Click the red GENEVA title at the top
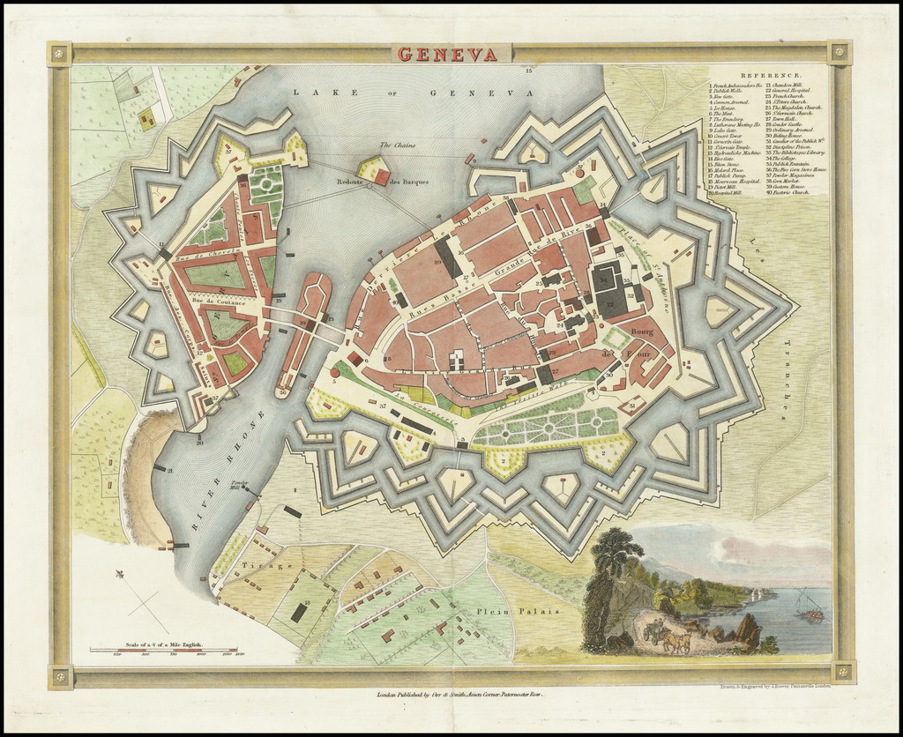pos(445,54)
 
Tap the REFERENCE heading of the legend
pos(770,77)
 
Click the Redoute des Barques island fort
pos(375,170)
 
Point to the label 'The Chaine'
pos(396,145)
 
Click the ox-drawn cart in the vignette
pos(668,636)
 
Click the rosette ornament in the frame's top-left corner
pos(59,54)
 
